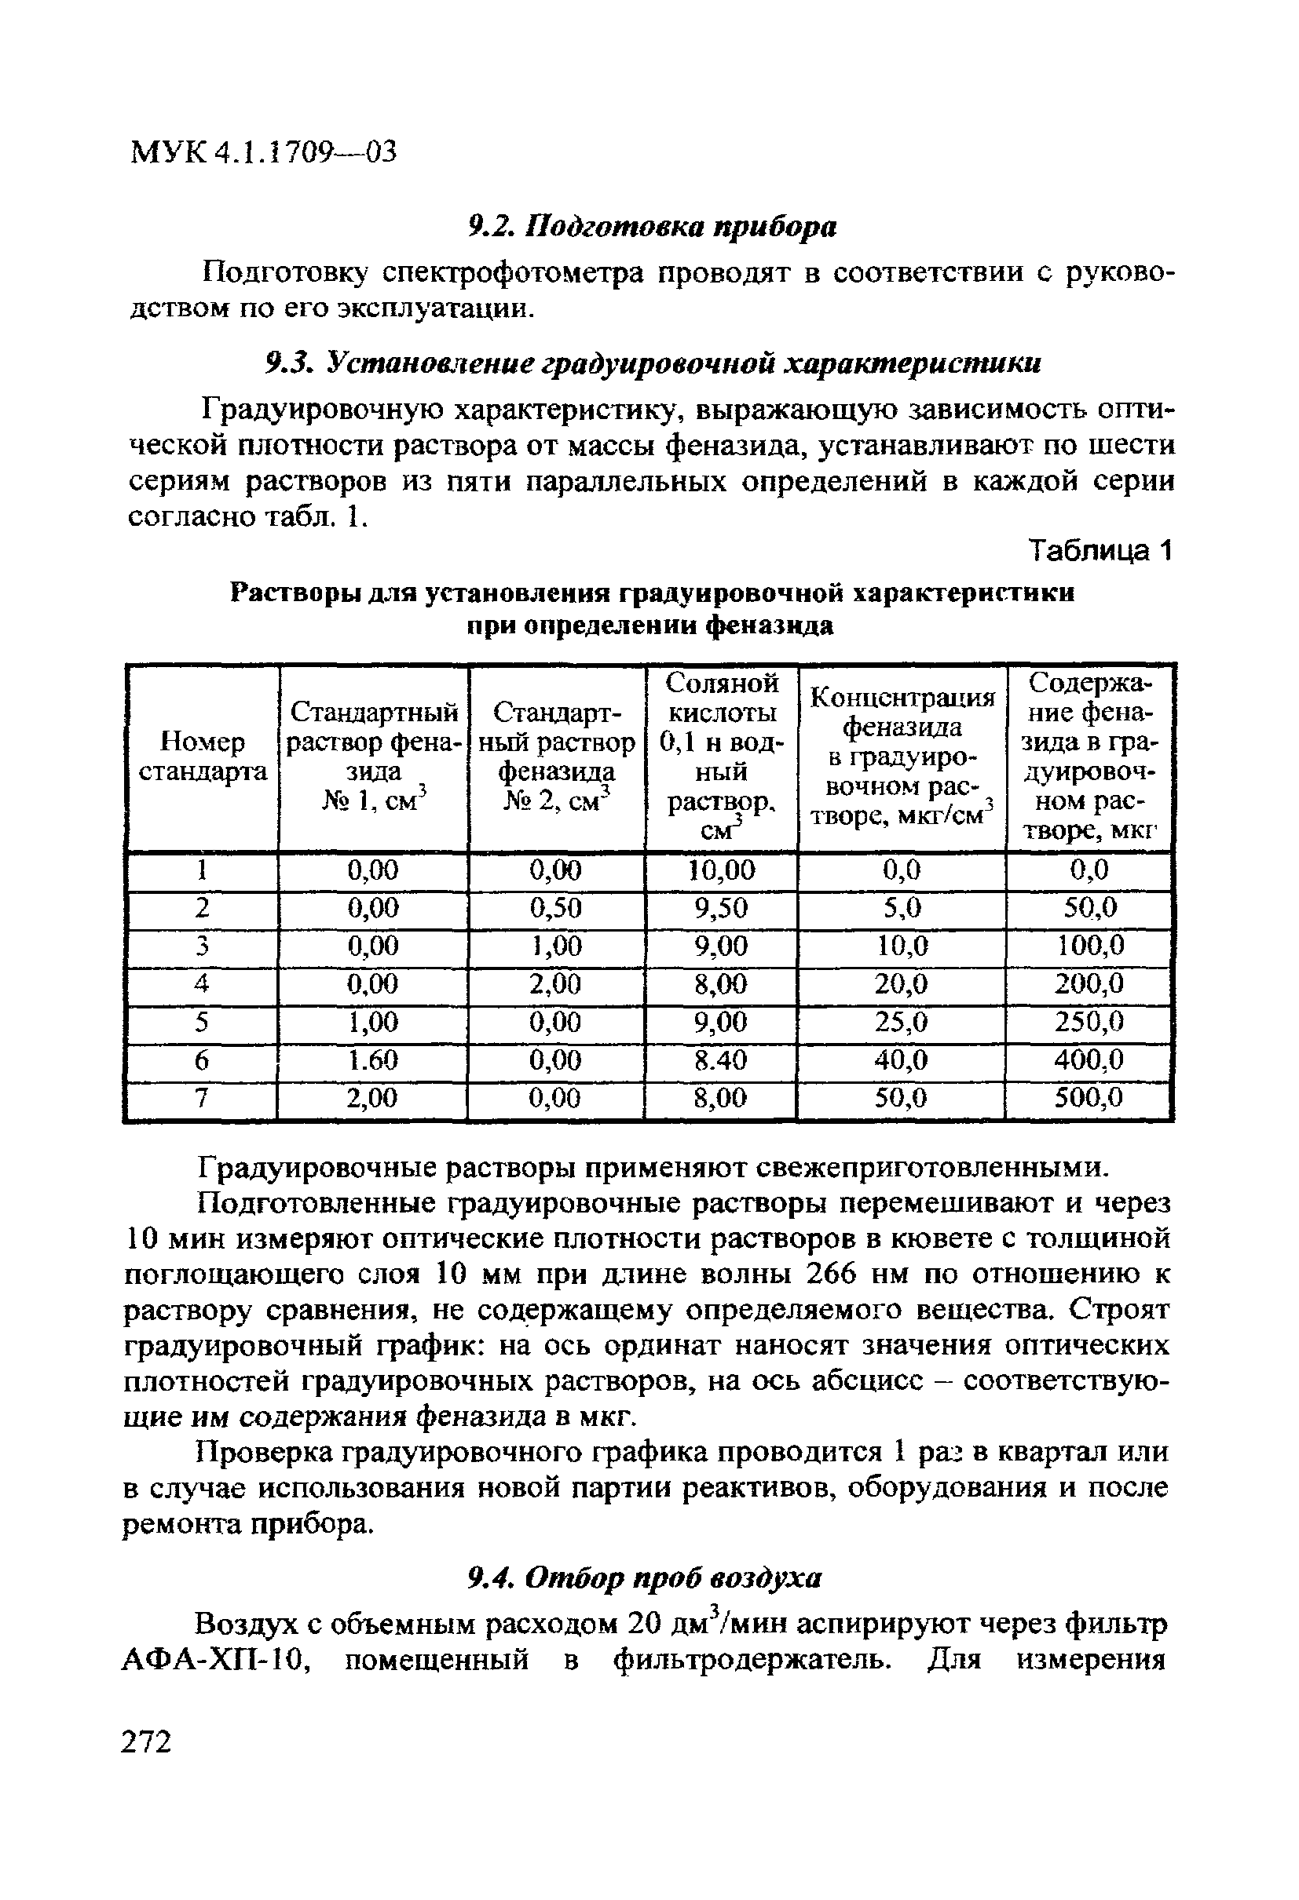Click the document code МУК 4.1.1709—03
(262, 152)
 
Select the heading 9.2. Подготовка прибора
(652, 228)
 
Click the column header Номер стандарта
(202, 757)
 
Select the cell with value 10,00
(721, 870)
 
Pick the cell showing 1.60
(372, 1060)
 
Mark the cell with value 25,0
(901, 1022)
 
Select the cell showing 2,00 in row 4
(555, 983)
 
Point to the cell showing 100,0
(1089, 946)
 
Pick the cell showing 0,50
(555, 908)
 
